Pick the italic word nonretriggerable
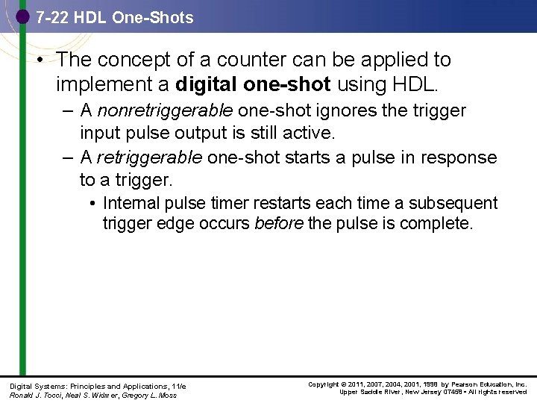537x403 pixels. coord(160,111)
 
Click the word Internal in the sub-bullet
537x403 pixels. coord(131,203)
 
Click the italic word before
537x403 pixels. coord(278,223)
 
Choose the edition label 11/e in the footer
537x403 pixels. coord(178,386)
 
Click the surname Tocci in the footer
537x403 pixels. coord(52,395)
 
